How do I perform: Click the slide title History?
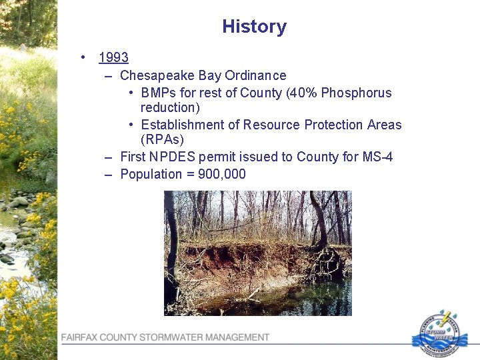(254, 27)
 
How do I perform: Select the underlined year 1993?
(113, 58)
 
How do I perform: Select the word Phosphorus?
(357, 93)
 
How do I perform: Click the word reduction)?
(170, 107)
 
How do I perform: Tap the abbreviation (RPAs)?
(162, 139)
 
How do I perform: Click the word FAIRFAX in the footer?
(79, 337)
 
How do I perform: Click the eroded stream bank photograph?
(257, 253)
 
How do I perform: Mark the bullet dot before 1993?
(82, 58)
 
